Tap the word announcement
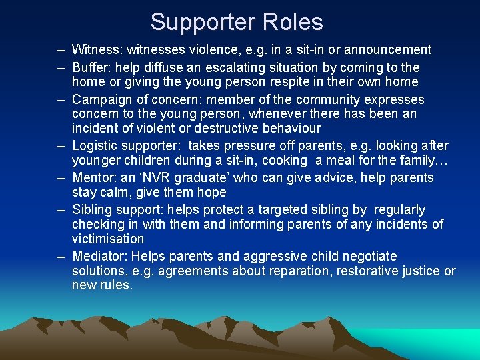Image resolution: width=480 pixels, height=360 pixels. click(390, 49)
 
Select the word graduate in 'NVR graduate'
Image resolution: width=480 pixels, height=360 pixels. click(189, 178)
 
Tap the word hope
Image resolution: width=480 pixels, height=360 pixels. click(213, 193)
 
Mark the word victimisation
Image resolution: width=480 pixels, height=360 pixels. click(108, 239)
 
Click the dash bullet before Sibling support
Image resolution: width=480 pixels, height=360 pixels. click(61, 210)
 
